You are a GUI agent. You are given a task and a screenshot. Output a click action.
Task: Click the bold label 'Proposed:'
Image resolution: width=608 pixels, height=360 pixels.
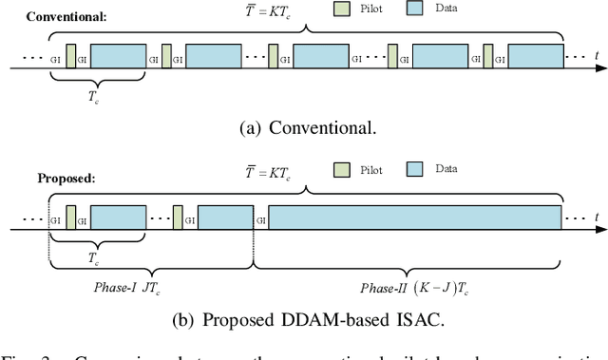point(65,178)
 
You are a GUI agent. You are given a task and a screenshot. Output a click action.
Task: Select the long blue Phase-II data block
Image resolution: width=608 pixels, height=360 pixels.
point(414,218)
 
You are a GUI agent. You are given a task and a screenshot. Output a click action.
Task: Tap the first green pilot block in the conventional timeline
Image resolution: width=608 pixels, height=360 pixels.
point(71,56)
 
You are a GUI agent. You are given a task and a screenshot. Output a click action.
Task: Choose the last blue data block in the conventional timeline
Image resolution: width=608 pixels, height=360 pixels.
point(535,55)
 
